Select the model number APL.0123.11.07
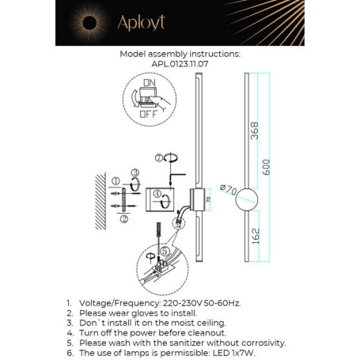180,66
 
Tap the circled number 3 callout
135,172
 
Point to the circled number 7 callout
158,157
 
